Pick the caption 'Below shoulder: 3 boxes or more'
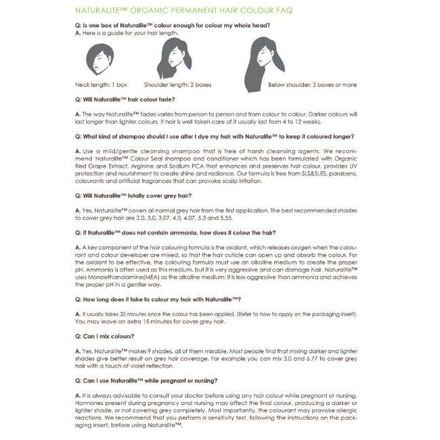312,85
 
